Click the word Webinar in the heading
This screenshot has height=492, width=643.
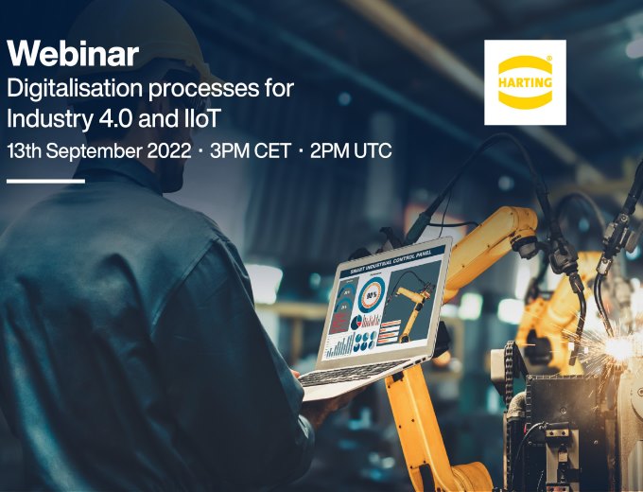tap(73, 53)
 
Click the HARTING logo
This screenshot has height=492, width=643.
tap(525, 82)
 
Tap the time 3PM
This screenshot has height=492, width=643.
tap(232, 151)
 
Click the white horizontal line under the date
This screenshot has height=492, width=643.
tap(45, 181)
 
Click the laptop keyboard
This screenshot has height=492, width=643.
tap(351, 372)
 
